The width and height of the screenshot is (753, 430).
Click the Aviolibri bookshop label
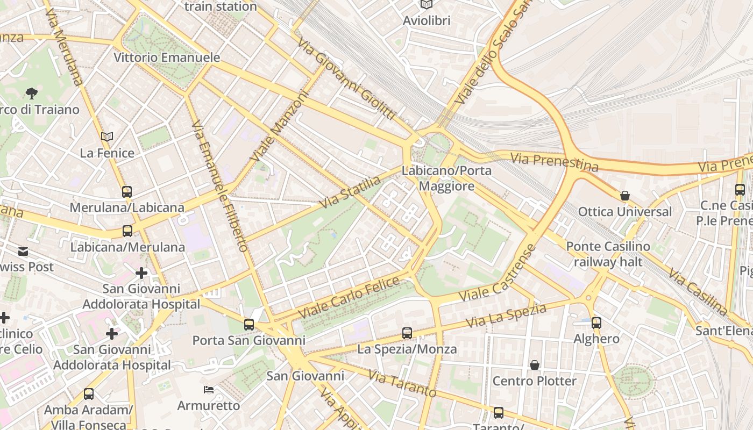click(x=427, y=20)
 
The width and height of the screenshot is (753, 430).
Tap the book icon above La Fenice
click(x=107, y=137)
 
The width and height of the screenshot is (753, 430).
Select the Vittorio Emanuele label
click(x=167, y=58)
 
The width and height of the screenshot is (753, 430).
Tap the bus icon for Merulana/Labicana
click(x=127, y=191)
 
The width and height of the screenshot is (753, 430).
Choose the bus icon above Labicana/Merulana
click(x=127, y=231)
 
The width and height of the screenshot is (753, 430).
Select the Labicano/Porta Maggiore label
click(x=446, y=178)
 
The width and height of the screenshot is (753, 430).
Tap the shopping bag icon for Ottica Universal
click(x=625, y=196)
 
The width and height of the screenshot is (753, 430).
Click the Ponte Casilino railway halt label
click(x=608, y=254)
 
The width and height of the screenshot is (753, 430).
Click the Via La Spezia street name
click(x=506, y=316)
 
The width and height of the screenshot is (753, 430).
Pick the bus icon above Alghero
click(x=596, y=323)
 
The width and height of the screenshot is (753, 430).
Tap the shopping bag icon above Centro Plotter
click(x=535, y=365)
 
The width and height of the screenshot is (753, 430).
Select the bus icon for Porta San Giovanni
click(x=248, y=325)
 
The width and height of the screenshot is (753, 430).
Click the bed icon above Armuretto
click(x=209, y=389)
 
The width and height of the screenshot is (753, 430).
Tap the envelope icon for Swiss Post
click(x=23, y=252)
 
